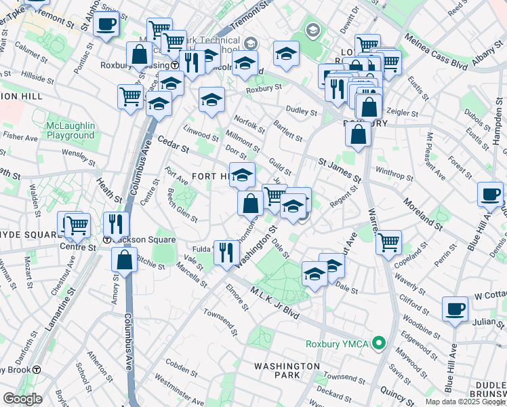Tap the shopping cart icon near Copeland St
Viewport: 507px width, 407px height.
point(388,241)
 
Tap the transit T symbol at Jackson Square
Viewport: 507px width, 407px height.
point(107,240)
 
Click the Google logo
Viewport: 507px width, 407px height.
point(22,399)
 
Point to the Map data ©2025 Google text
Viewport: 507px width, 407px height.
point(465,402)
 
